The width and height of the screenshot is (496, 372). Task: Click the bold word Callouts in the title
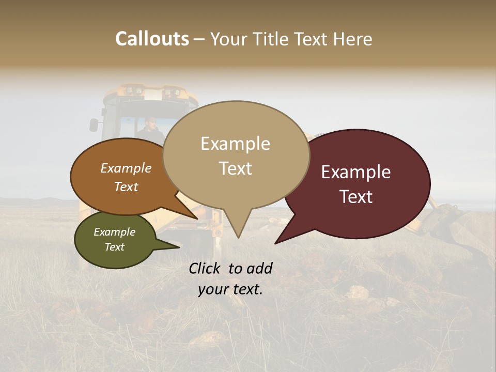tap(152, 39)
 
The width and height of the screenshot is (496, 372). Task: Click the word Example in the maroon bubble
tap(356, 172)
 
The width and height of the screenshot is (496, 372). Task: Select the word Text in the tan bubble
tap(236, 168)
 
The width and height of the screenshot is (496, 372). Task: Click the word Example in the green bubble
tap(114, 232)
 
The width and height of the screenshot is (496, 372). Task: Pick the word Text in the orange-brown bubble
tap(126, 187)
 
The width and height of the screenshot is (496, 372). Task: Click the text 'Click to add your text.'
tap(230, 278)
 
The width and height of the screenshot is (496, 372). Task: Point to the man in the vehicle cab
tap(150, 129)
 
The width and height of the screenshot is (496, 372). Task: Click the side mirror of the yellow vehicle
tap(94, 125)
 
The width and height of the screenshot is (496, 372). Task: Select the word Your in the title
tap(228, 39)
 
